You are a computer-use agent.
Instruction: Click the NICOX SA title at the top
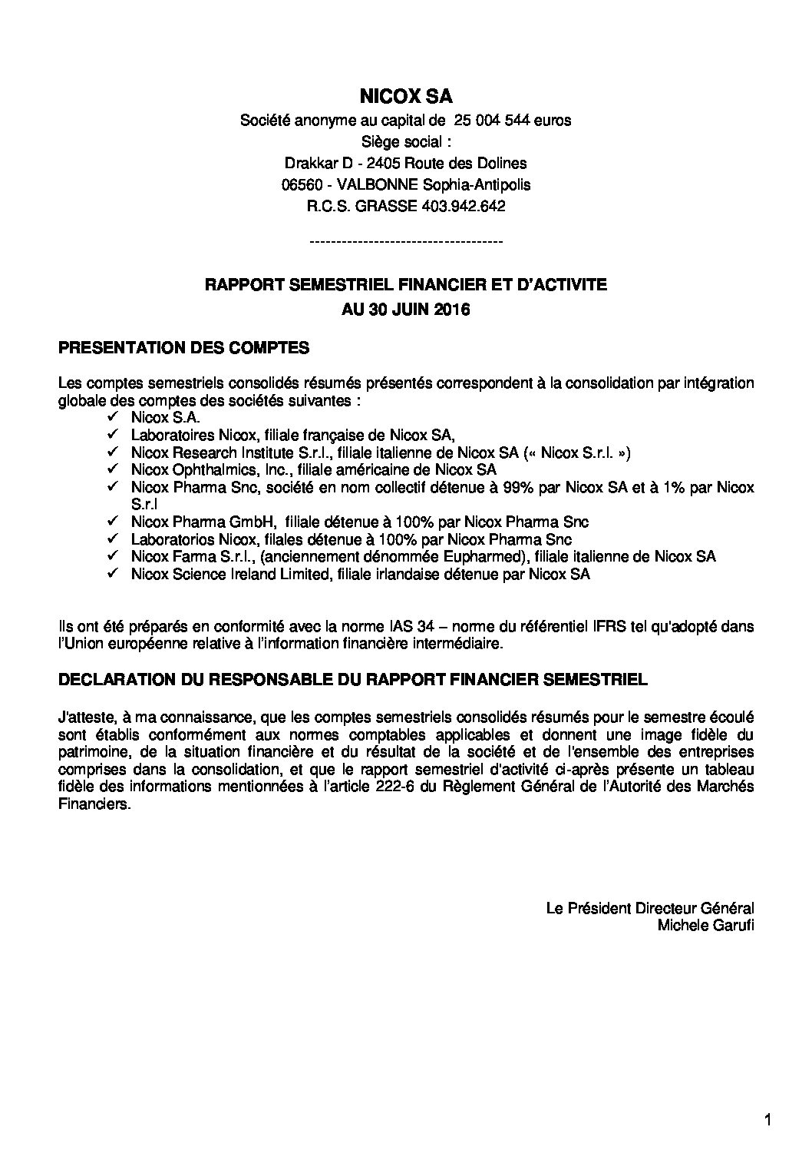point(405,96)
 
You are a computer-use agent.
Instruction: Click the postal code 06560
point(300,184)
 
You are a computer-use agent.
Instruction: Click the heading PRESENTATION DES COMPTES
point(183,348)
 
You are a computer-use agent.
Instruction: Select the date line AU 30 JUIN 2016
point(405,310)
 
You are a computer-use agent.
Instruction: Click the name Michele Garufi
point(705,925)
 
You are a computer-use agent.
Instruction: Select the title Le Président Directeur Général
point(649,908)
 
